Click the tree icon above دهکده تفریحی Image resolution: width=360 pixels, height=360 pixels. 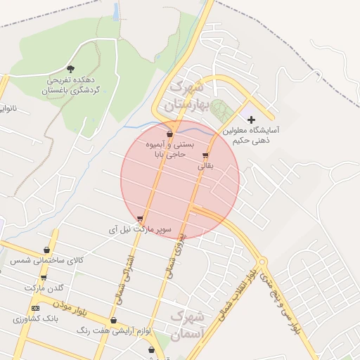[70, 68]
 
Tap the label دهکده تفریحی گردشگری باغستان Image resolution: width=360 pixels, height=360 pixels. [70, 85]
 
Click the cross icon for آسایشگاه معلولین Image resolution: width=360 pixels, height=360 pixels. [251, 120]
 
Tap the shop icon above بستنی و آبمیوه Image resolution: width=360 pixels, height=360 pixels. [169, 134]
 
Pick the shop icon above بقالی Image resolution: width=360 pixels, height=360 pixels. [205, 156]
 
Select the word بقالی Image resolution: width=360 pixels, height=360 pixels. [202, 167]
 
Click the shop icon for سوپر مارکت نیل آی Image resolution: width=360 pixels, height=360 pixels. [141, 219]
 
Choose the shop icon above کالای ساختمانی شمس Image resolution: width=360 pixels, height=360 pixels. [47, 250]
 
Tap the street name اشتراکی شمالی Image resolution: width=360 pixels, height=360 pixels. [125, 270]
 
